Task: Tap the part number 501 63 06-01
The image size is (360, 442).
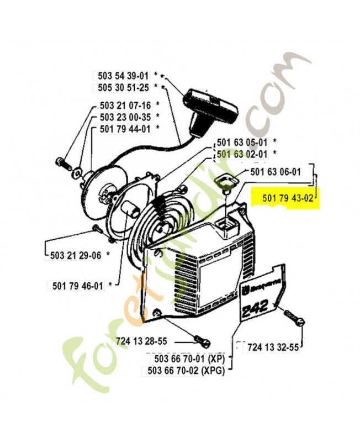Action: coord(276,172)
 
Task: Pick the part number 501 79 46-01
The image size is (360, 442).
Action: coord(78,285)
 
